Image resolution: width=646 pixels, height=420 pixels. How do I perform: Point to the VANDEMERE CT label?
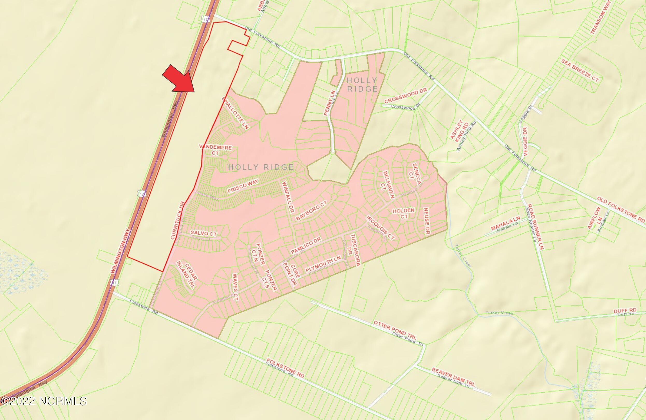(216, 150)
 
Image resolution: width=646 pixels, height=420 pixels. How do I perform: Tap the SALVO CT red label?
(204, 233)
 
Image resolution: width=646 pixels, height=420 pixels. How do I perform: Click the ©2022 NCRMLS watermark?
(44, 401)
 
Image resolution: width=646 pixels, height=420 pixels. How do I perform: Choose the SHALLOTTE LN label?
(236, 113)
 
